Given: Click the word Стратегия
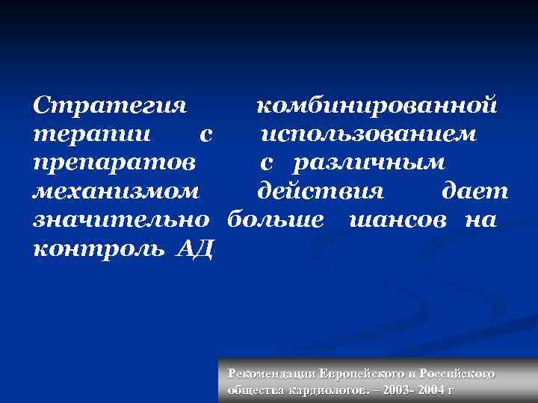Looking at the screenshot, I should (x=110, y=105).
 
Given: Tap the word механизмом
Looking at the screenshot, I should (x=117, y=192).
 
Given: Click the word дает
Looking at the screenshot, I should (x=474, y=192).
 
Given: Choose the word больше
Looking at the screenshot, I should (x=276, y=221).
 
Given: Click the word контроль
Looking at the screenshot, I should (x=101, y=249).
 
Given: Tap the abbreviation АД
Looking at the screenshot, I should (x=195, y=249).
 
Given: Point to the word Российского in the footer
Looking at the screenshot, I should (x=457, y=374).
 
